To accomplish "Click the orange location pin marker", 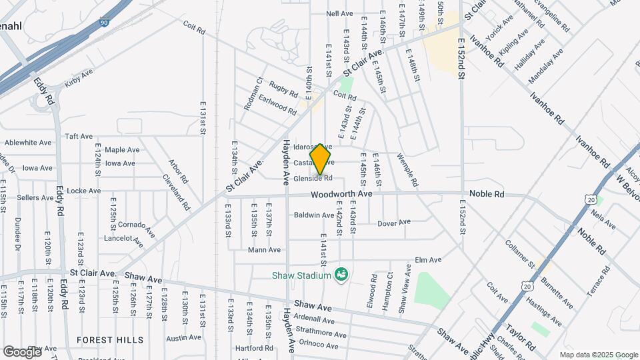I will (x=321, y=159).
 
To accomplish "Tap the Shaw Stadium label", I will (x=301, y=275).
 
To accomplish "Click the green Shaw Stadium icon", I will (x=342, y=274).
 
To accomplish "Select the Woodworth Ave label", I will (x=341, y=194).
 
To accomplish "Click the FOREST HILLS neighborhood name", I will (x=109, y=339).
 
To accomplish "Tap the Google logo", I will (x=21, y=351).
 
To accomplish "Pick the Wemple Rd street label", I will (x=407, y=170).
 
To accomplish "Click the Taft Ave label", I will (x=79, y=136).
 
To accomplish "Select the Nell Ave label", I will (x=339, y=13).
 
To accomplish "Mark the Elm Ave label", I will (x=429, y=260).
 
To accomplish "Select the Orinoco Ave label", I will (x=319, y=345).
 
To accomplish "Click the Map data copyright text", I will (x=599, y=355).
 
